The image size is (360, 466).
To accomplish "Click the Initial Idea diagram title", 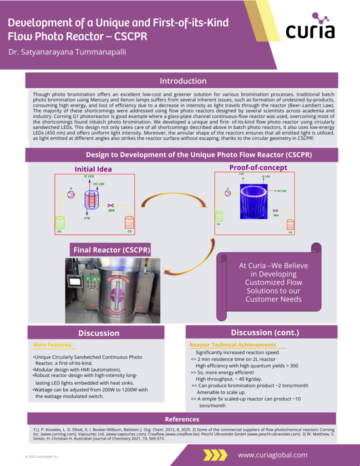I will click(93, 169).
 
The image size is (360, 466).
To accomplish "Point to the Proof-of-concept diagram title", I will click(258, 167).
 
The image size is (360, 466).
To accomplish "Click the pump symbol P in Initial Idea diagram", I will click(71, 194).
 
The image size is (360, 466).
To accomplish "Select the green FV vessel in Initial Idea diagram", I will click(60, 223).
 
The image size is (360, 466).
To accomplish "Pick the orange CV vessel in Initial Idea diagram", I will click(129, 223).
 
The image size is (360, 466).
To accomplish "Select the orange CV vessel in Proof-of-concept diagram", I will click(290, 225).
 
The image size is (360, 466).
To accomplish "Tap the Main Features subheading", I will click(53, 345).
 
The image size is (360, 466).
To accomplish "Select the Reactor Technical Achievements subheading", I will click(233, 345).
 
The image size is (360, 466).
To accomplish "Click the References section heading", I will click(182, 419).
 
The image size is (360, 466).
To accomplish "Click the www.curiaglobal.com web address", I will click(272, 455).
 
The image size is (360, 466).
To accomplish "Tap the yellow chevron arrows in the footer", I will click(215, 455).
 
